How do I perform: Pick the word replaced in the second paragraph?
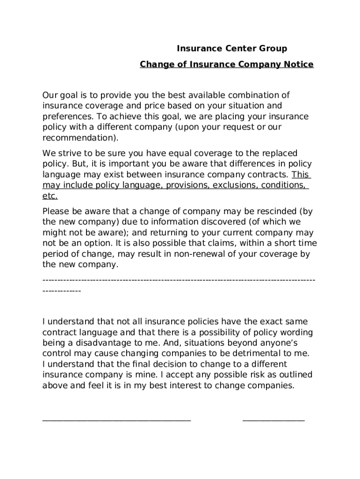click(275, 153)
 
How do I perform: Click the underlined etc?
click(50, 196)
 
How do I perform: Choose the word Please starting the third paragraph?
click(55, 211)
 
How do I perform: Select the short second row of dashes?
click(62, 291)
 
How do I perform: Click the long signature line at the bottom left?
click(116, 420)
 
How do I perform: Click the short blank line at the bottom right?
click(274, 420)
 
